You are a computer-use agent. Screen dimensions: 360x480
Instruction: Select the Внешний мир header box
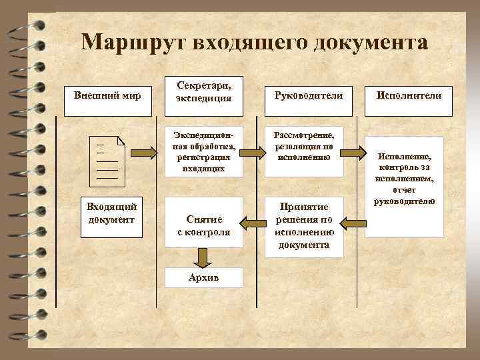pos(107,95)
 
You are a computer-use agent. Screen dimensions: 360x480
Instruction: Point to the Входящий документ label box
pos(107,213)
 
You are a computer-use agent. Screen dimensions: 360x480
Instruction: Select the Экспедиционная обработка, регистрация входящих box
pos(203,151)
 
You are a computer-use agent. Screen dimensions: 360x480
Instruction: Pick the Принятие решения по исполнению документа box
pos(304,226)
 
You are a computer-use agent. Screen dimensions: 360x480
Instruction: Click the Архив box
pos(203,278)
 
